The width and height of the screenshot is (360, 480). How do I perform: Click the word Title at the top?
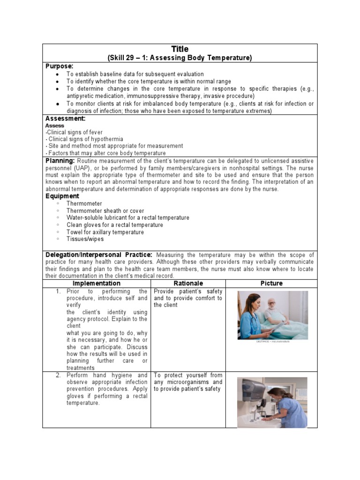tap(180, 49)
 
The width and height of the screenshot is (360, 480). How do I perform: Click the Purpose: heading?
tap(59, 67)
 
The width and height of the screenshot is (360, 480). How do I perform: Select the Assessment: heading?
tap(65, 119)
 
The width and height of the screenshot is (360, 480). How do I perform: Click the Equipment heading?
tap(62, 196)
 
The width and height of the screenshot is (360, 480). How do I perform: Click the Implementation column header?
tap(96, 283)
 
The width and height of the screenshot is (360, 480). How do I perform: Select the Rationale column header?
tap(188, 283)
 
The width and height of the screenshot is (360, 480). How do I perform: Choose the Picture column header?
tap(271, 283)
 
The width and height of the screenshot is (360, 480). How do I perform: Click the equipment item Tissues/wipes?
tap(85, 239)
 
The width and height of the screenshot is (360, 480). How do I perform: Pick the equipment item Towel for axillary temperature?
tap(105, 232)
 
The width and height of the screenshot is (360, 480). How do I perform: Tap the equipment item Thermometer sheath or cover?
tap(105, 211)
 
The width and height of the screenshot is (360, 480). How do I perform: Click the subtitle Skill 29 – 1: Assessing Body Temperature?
tap(180, 58)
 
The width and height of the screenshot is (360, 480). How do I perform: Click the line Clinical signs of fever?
tap(75, 133)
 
